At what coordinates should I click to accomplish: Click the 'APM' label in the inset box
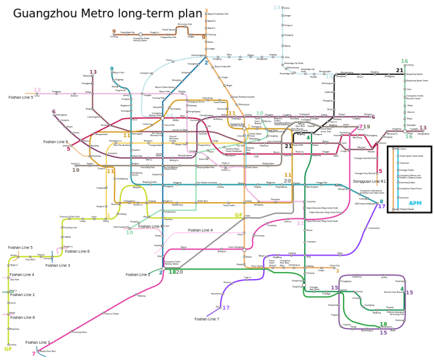(415, 203)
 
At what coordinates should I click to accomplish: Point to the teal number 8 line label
(111, 69)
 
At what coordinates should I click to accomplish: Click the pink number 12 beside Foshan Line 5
(37, 90)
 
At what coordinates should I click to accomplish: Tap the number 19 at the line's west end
(75, 170)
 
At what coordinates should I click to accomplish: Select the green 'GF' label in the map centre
(238, 215)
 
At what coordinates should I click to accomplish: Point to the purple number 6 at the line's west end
(54, 112)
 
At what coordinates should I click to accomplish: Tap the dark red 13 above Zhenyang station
(93, 72)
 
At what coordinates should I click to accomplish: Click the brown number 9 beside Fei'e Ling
(113, 31)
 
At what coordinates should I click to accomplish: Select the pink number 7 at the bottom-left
(33, 354)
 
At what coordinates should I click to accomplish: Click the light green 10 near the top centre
(260, 113)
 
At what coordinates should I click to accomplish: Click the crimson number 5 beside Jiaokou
(68, 148)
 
